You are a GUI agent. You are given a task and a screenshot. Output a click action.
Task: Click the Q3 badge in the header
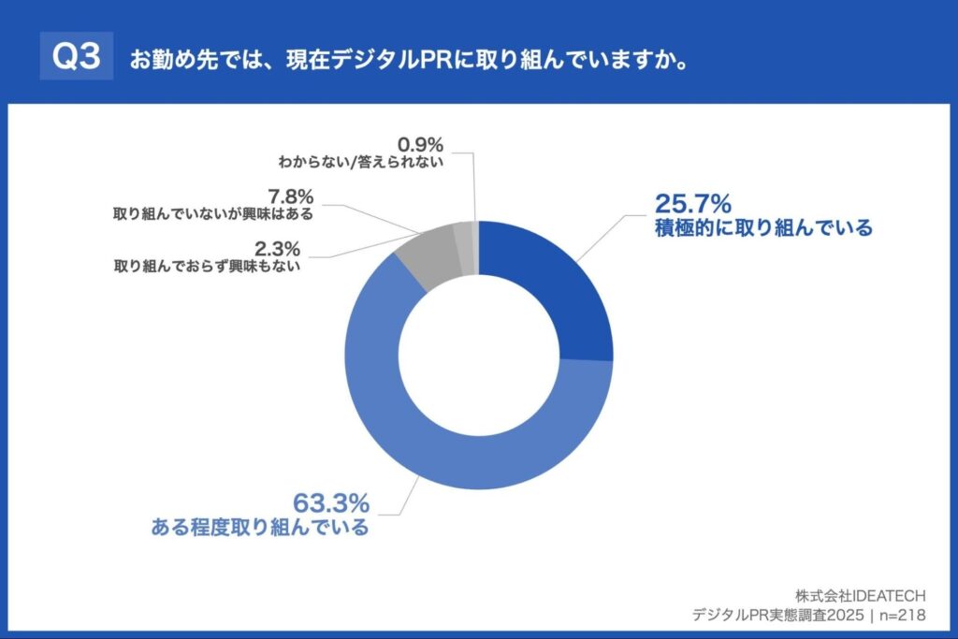tap(76, 57)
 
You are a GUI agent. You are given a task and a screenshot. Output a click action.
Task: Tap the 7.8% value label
tap(290, 196)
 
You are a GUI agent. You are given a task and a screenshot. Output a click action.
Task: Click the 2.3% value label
tap(279, 248)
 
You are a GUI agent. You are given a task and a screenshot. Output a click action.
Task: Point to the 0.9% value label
tap(420, 144)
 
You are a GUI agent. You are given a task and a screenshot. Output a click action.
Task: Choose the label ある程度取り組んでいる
tap(260, 527)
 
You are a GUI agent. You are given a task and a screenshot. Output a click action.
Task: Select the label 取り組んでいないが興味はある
tap(213, 213)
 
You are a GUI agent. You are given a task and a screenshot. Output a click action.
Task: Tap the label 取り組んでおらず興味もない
tap(207, 266)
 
